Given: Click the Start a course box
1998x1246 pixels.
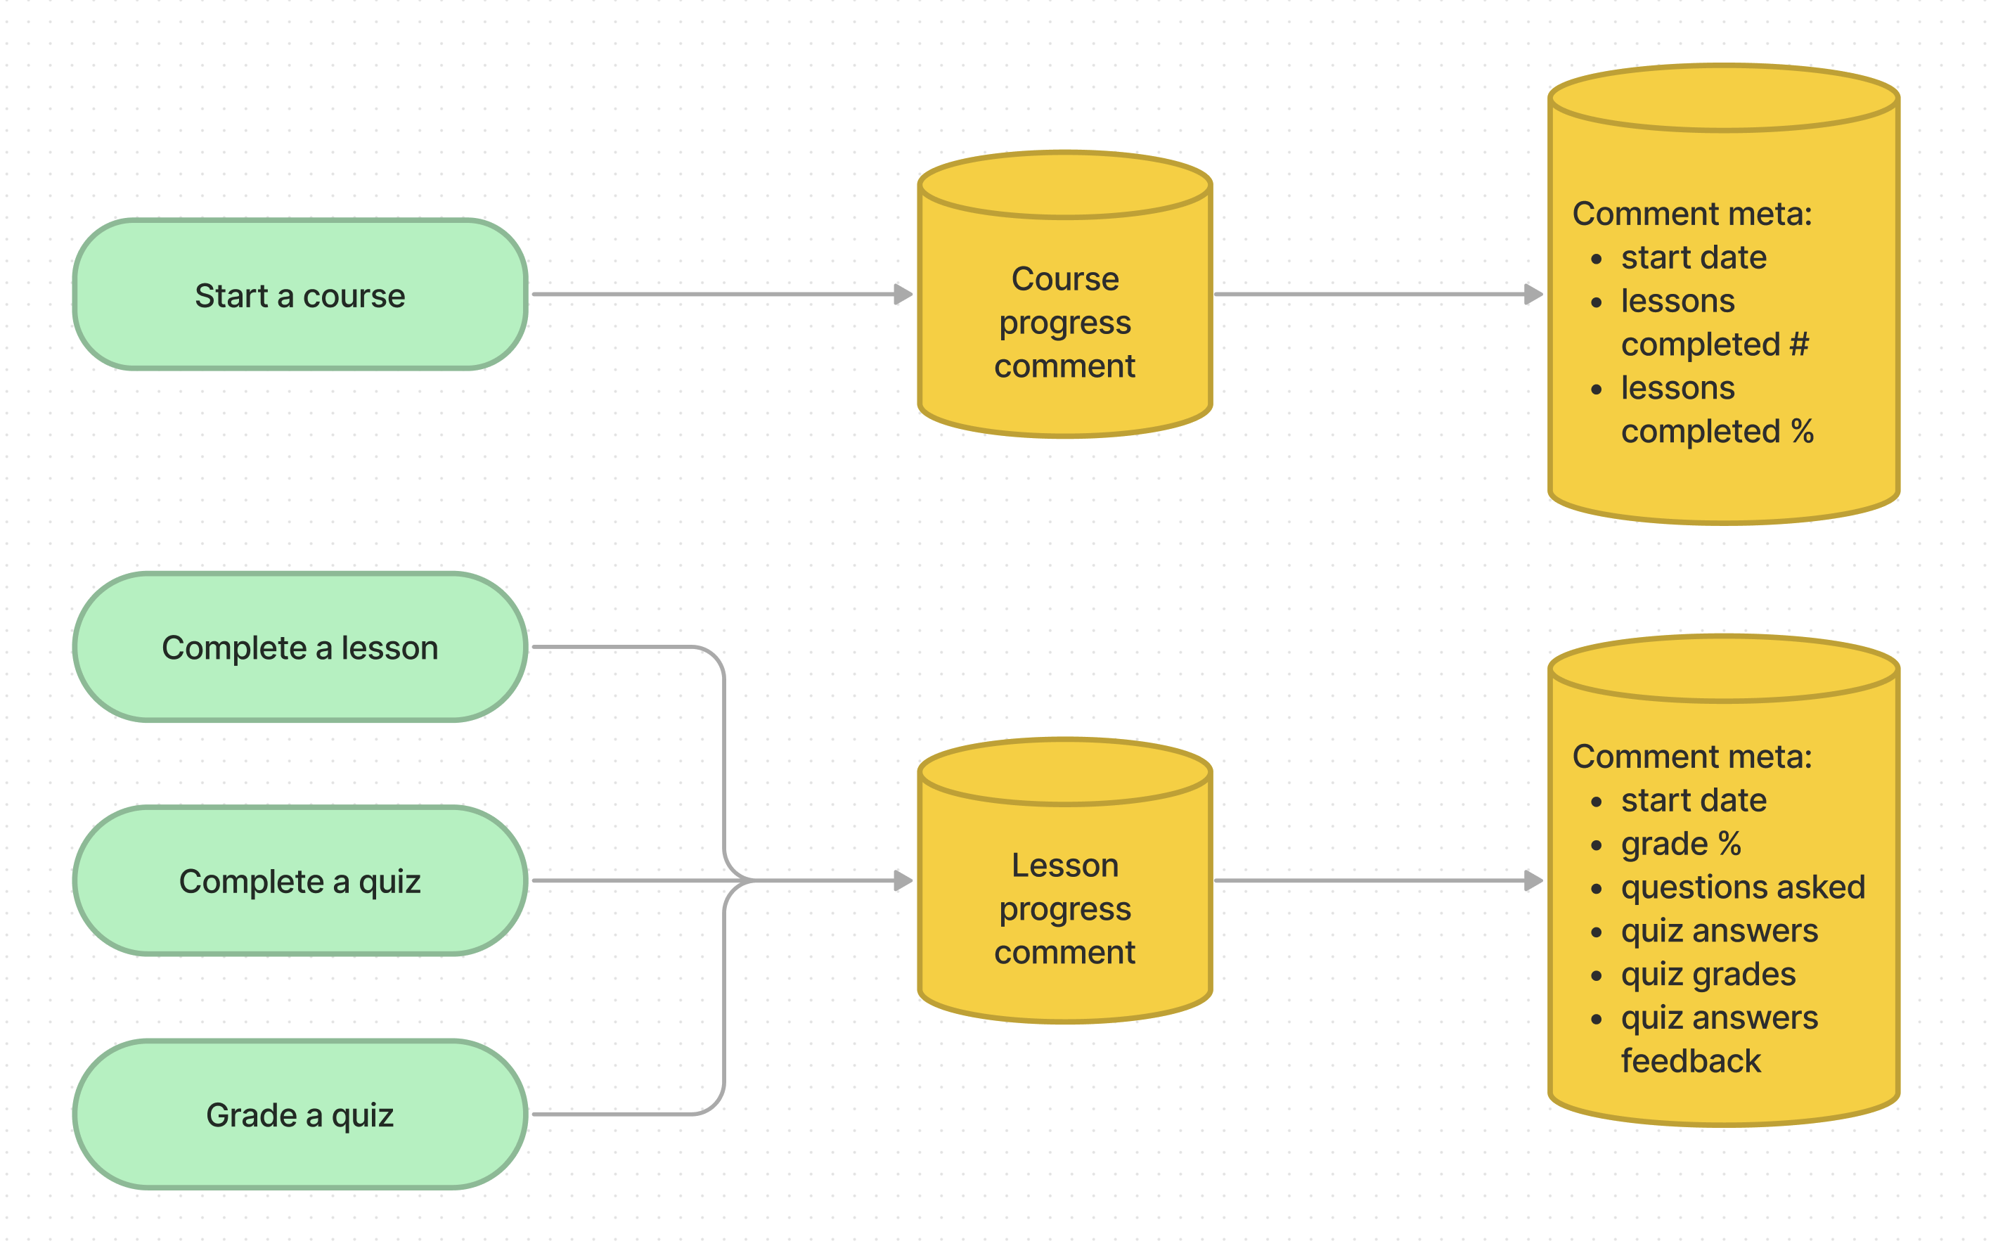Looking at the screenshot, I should tap(300, 295).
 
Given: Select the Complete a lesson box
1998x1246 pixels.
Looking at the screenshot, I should tap(300, 648).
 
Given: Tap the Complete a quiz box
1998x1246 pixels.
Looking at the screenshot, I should tap(300, 881).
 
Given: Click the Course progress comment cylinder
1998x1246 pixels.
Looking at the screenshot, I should tap(1064, 321).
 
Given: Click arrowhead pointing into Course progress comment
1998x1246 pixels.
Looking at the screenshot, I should tap(904, 294).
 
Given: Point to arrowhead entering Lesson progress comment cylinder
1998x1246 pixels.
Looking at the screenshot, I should tap(904, 881).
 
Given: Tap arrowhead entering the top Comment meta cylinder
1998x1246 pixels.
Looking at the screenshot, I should tap(1533, 294).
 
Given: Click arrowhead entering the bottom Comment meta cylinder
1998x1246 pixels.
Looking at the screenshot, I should tap(1533, 881).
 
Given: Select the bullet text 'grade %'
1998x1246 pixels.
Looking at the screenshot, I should tap(1681, 844).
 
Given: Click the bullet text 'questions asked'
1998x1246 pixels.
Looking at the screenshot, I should tap(1743, 887).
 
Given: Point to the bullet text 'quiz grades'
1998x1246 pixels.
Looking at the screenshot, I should tap(1708, 974).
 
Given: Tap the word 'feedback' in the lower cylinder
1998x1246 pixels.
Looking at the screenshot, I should tap(1691, 1061).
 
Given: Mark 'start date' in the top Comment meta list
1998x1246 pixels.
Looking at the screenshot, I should tap(1693, 258).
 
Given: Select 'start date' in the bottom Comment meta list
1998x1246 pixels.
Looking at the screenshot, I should tap(1693, 800).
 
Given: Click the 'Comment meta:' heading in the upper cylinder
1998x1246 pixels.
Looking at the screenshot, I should tap(1691, 214).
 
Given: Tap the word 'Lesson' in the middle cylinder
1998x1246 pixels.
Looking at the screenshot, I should tap(1064, 866).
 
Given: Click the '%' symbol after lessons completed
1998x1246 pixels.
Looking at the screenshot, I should tap(1803, 431).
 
